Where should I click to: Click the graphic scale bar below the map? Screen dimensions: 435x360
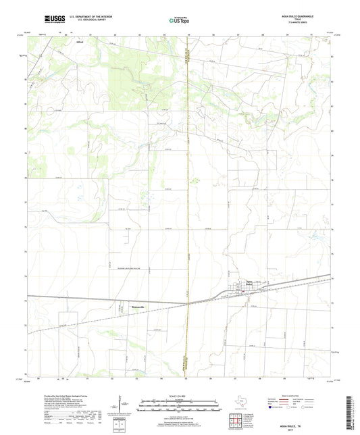(x=179, y=403)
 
